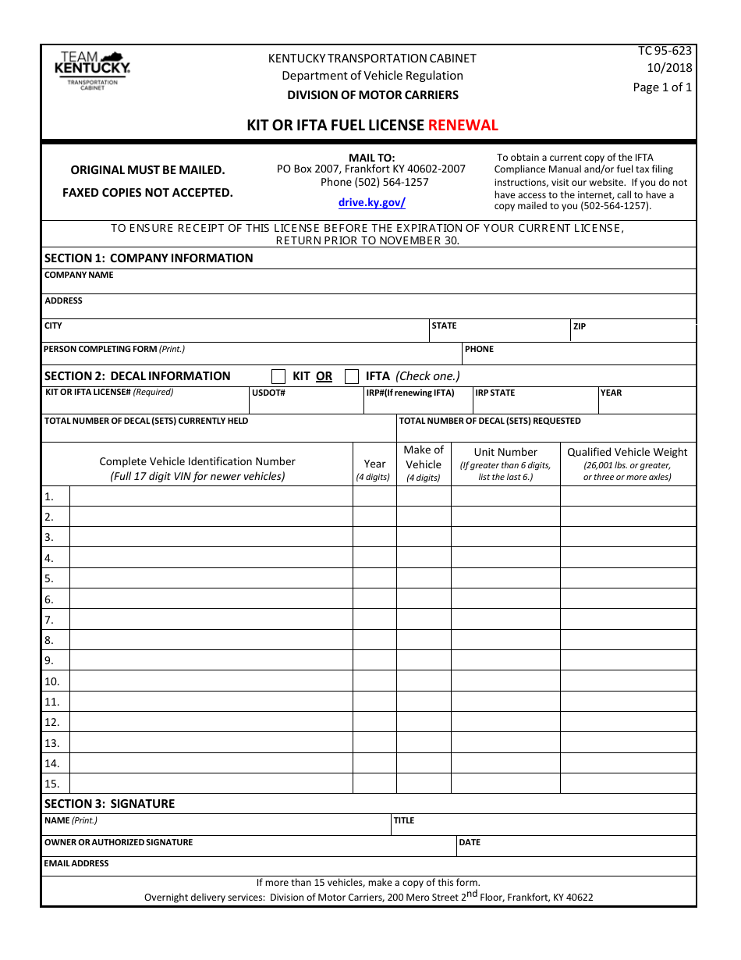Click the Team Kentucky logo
tap(92, 70)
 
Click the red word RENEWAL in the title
tap(463, 125)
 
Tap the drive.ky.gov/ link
tap(371, 202)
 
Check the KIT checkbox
tap(278, 376)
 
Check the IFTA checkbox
tap(352, 376)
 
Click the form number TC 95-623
tap(665, 51)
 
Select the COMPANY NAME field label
tap(79, 275)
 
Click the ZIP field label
tap(580, 326)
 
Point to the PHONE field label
tap(479, 349)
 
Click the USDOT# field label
tap(268, 393)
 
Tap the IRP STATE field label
tap(495, 393)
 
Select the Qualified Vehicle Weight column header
tap(627, 452)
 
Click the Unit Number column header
tap(505, 452)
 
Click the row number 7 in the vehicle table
tap(49, 620)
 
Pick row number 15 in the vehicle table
tap(51, 784)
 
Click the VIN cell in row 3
tap(211, 537)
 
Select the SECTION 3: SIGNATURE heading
tap(109, 803)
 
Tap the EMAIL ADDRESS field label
tap(76, 863)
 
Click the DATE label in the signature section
tap(470, 842)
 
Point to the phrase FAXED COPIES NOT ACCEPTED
tap(147, 192)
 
